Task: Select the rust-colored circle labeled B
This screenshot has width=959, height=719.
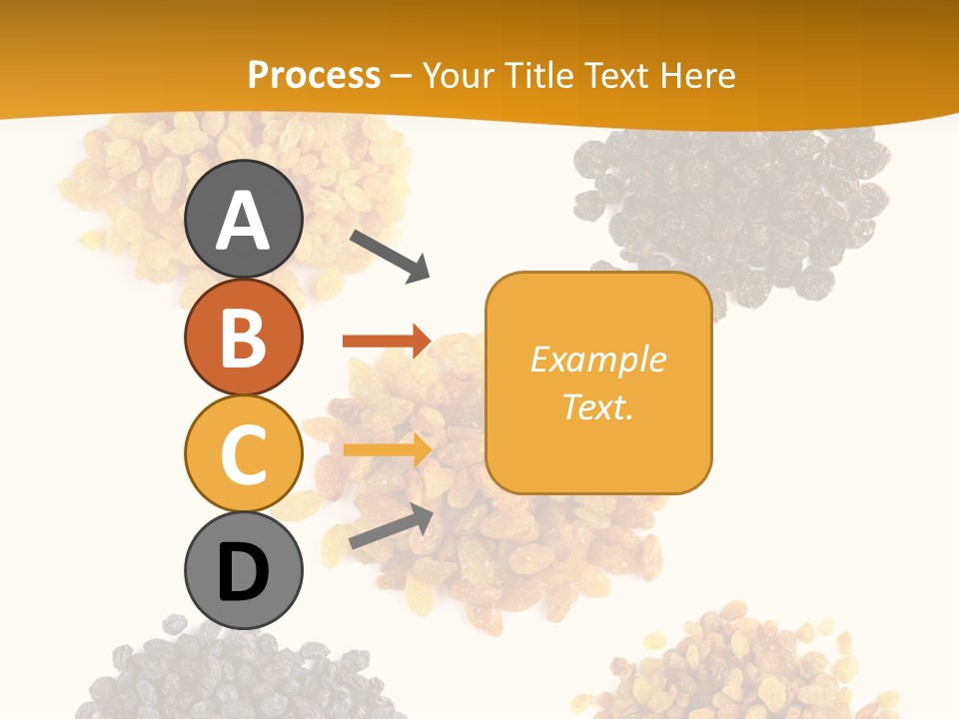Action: tap(244, 337)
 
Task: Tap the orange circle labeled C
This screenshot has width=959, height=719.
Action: tap(244, 453)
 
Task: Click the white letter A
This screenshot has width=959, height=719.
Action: tap(244, 220)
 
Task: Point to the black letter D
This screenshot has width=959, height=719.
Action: tap(244, 573)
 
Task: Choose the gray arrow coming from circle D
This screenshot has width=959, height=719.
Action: tap(391, 526)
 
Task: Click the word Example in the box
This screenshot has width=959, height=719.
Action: tap(598, 359)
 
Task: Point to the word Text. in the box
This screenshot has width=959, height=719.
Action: tap(598, 406)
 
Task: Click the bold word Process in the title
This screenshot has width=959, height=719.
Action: tap(314, 75)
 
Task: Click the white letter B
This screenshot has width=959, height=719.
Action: tap(244, 338)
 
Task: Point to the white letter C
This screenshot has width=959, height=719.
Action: tap(244, 454)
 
